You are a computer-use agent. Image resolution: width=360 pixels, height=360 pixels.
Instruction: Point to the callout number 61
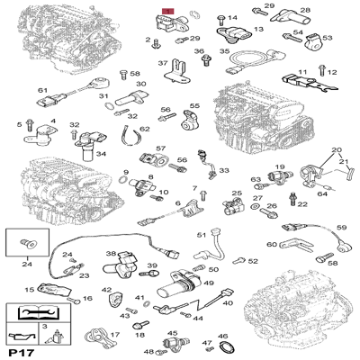(x=42, y=91)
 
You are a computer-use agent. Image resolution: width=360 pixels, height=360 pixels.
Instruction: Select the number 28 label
(x=305, y=10)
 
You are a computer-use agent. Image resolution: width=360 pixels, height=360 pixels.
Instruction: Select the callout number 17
(x=114, y=334)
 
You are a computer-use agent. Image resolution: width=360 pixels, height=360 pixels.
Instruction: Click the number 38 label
(x=112, y=255)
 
